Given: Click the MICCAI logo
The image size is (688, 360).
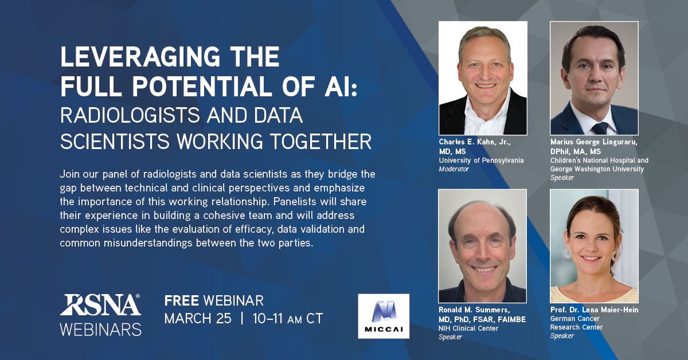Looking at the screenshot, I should (383, 315).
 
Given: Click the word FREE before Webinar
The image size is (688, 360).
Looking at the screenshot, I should (182, 300).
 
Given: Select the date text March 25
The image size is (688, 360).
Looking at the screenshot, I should (197, 319).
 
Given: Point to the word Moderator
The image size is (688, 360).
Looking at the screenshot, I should (455, 169).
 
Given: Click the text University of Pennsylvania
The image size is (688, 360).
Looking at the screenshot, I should (481, 161).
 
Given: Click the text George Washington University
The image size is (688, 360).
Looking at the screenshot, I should (597, 169).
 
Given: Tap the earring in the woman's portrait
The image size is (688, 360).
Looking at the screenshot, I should (568, 253).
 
